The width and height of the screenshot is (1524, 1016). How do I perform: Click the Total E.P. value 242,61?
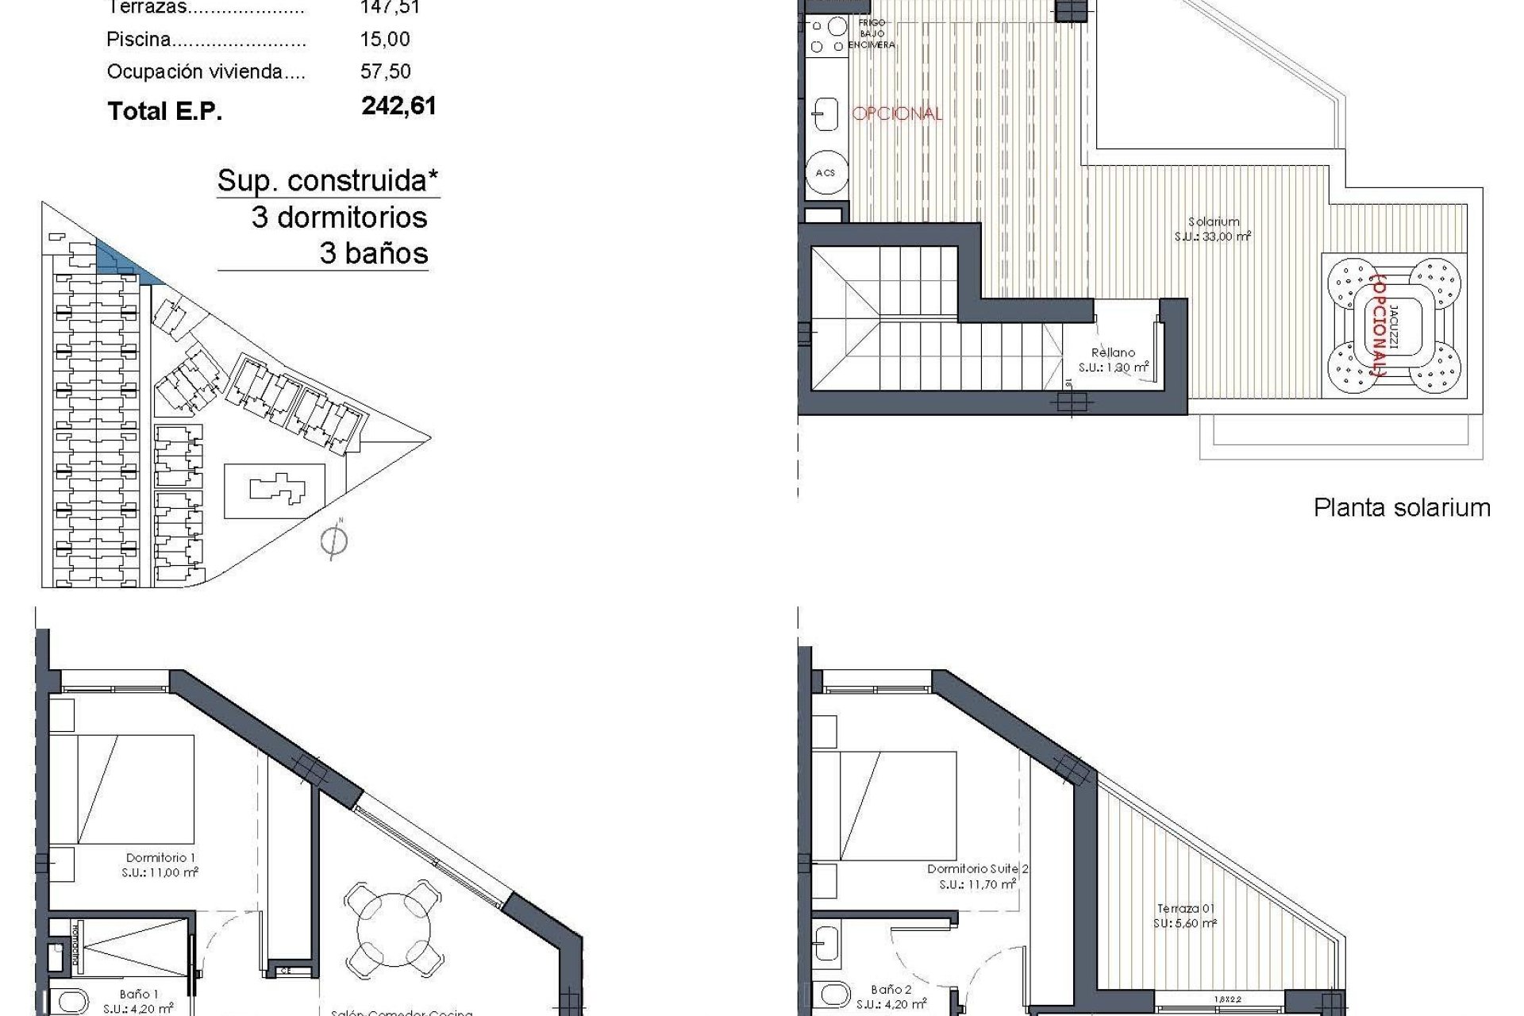(x=398, y=106)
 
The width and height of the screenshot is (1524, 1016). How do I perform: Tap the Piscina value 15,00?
(x=385, y=40)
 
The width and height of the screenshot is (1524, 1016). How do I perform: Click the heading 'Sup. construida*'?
(x=328, y=181)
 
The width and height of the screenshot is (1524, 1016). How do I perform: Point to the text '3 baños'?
(x=374, y=254)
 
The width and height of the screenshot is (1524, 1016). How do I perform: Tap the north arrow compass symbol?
(x=334, y=541)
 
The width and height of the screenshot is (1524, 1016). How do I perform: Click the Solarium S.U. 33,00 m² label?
(x=1213, y=229)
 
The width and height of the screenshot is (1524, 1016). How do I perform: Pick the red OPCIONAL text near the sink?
(x=897, y=114)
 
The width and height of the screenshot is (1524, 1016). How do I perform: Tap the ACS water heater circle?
(x=825, y=172)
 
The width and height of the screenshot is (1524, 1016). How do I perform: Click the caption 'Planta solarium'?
(x=1402, y=508)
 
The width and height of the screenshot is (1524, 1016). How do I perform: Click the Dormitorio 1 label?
(x=161, y=864)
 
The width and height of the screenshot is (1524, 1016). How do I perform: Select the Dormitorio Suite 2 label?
(x=977, y=876)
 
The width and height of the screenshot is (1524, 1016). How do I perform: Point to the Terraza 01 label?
(x=1185, y=916)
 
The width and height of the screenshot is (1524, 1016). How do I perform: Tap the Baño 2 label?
(x=891, y=997)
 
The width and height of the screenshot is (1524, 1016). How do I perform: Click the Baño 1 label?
(x=139, y=1001)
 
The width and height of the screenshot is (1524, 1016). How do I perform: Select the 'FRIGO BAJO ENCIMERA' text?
(x=871, y=34)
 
